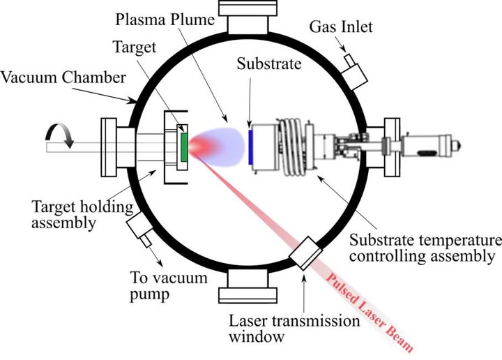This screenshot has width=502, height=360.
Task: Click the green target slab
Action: [183, 147]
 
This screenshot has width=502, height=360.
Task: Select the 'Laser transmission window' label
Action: [294, 331]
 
